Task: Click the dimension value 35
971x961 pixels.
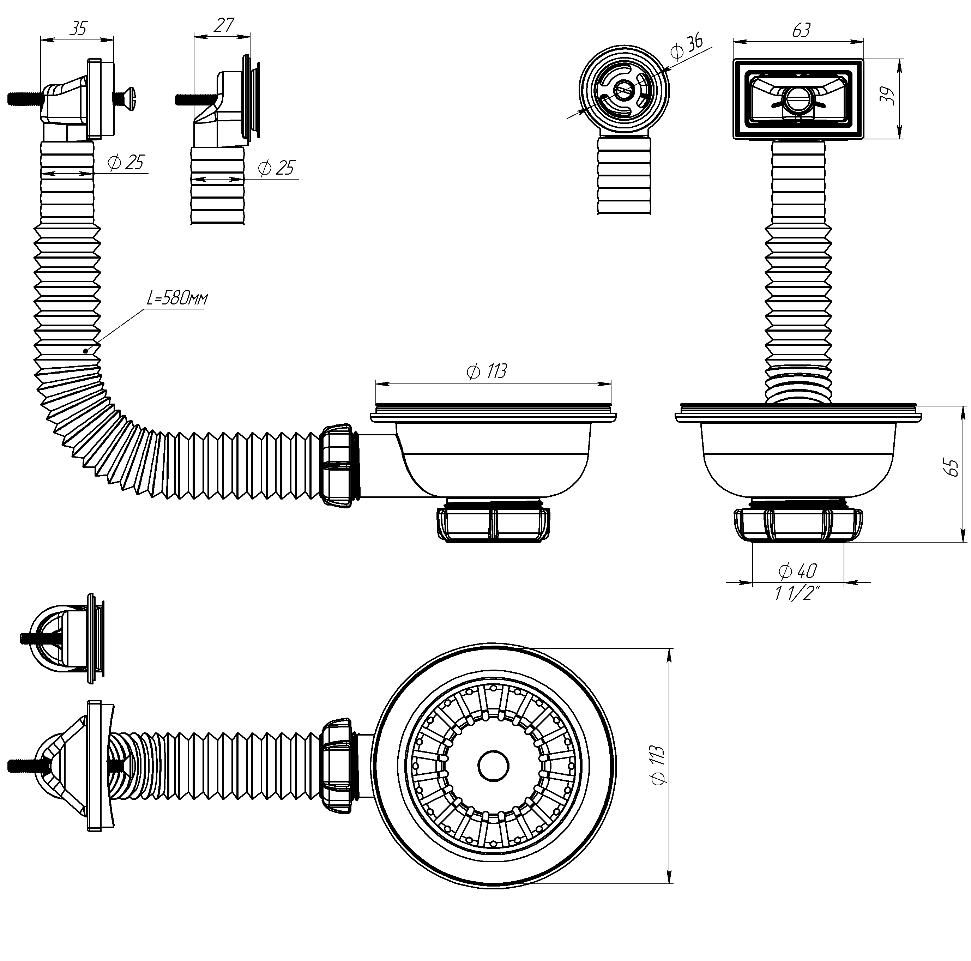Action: (78, 28)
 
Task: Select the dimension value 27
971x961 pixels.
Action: (224, 25)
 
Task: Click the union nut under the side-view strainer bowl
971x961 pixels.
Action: (493, 524)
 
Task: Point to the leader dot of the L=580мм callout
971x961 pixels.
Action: (86, 351)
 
